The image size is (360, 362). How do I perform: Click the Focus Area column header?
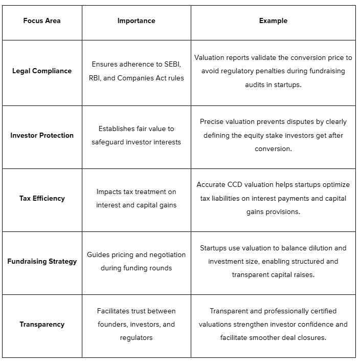(42, 21)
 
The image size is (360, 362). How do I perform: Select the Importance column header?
(136, 21)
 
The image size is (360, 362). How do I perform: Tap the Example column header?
(273, 21)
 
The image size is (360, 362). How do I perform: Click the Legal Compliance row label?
(42, 71)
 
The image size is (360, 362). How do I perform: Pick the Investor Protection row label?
(42, 136)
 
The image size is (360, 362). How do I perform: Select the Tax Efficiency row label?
(42, 199)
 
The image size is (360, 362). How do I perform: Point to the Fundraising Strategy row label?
(42, 262)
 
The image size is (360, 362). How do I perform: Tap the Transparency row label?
(42, 325)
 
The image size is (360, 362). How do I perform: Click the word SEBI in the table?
(172, 65)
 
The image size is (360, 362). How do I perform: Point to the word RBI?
(89, 78)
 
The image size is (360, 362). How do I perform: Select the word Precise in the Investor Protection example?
(212, 122)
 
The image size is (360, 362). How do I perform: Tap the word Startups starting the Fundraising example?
(214, 248)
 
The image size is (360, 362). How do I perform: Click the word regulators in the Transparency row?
(136, 338)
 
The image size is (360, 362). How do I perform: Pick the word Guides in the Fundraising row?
(98, 254)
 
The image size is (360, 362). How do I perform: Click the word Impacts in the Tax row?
(110, 192)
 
